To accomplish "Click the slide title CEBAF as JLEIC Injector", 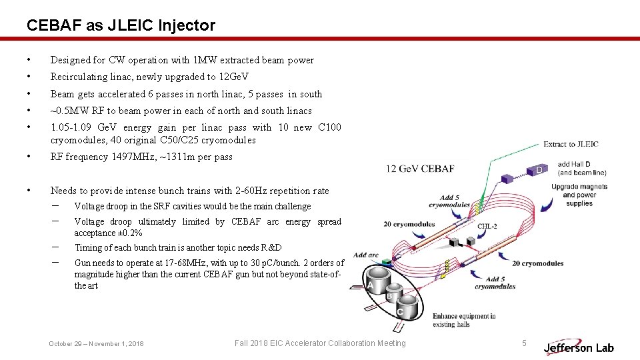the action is (x=121, y=25).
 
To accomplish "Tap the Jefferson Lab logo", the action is (x=579, y=347).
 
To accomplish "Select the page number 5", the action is (x=525, y=343).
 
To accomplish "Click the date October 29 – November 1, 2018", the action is (x=96, y=343).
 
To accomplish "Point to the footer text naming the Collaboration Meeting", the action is (x=320, y=343).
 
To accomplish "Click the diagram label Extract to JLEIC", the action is (x=571, y=144).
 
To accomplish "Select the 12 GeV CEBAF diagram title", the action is (x=420, y=169).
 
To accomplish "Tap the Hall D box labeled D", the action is (x=539, y=171).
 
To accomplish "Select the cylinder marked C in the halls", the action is (x=407, y=306).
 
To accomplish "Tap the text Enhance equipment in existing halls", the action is (x=464, y=320).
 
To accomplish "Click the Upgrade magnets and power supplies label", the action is (x=579, y=195).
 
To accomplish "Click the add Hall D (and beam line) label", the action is (x=582, y=167).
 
